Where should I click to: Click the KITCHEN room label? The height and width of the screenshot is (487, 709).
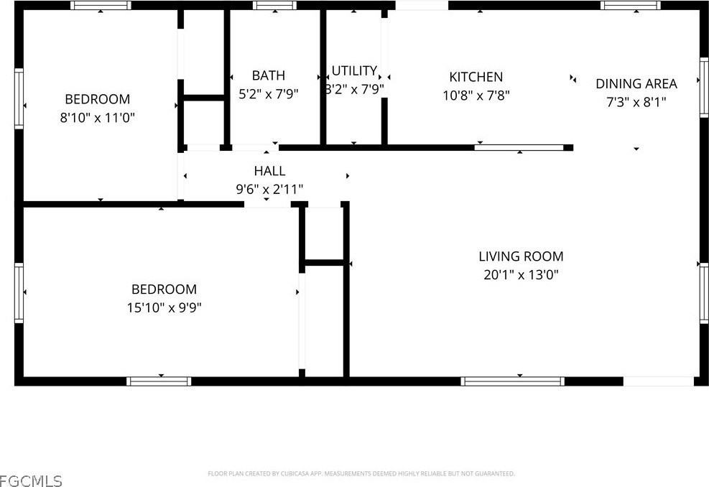click(x=476, y=77)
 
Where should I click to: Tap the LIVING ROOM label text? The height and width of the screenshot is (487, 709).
click(x=521, y=256)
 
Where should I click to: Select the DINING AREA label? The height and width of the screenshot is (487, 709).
click(x=636, y=84)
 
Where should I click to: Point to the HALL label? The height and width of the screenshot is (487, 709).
click(x=269, y=171)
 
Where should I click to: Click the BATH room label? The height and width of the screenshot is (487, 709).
click(x=268, y=75)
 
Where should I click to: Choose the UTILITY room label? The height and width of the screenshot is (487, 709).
click(x=354, y=70)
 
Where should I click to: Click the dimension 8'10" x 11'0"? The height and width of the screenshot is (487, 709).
click(x=97, y=117)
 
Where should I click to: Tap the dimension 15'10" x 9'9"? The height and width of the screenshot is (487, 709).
click(x=163, y=307)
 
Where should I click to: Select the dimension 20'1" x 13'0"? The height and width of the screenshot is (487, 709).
click(x=521, y=274)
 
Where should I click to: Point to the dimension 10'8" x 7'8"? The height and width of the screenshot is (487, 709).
click(x=476, y=95)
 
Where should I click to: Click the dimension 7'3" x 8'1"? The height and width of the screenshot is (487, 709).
click(x=636, y=102)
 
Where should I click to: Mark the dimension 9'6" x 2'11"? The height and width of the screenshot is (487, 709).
click(x=269, y=189)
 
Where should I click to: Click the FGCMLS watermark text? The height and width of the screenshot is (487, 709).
click(x=31, y=480)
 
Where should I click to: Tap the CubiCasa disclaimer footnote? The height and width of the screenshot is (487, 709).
click(x=361, y=474)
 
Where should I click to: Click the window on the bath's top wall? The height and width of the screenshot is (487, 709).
click(x=274, y=6)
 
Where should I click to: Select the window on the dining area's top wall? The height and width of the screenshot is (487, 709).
click(x=630, y=6)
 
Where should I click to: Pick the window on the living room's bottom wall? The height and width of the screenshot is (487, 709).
click(x=512, y=381)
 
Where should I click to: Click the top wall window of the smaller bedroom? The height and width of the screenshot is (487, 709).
click(x=101, y=6)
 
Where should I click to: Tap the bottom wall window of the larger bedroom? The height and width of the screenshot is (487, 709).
click(x=159, y=381)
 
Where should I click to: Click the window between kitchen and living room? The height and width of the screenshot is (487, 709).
click(x=519, y=148)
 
